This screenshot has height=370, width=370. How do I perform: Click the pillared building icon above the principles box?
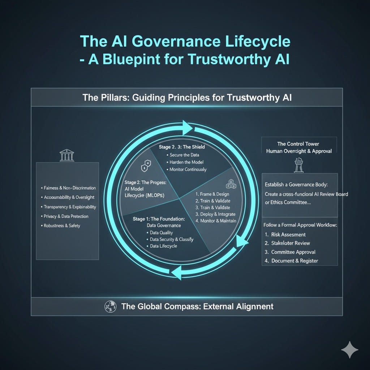(x=67, y=155)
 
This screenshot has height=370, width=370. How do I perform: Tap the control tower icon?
(x=299, y=165)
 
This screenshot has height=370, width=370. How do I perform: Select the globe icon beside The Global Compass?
(x=110, y=307)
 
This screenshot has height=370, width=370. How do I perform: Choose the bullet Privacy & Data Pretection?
(x=66, y=216)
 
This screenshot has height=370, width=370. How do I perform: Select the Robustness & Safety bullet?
(x=62, y=226)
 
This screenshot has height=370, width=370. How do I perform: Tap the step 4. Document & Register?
(x=294, y=261)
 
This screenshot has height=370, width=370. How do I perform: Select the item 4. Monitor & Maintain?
(x=216, y=221)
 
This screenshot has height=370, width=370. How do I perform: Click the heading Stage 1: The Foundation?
(x=159, y=219)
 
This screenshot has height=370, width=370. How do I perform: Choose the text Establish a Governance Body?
(x=296, y=185)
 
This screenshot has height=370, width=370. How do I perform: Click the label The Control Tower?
(x=298, y=144)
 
